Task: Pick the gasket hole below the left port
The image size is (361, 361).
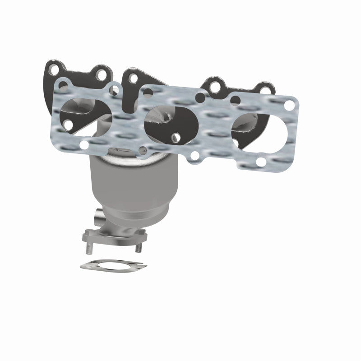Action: click(84, 144)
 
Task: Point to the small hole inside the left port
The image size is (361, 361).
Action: click(68, 122)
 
